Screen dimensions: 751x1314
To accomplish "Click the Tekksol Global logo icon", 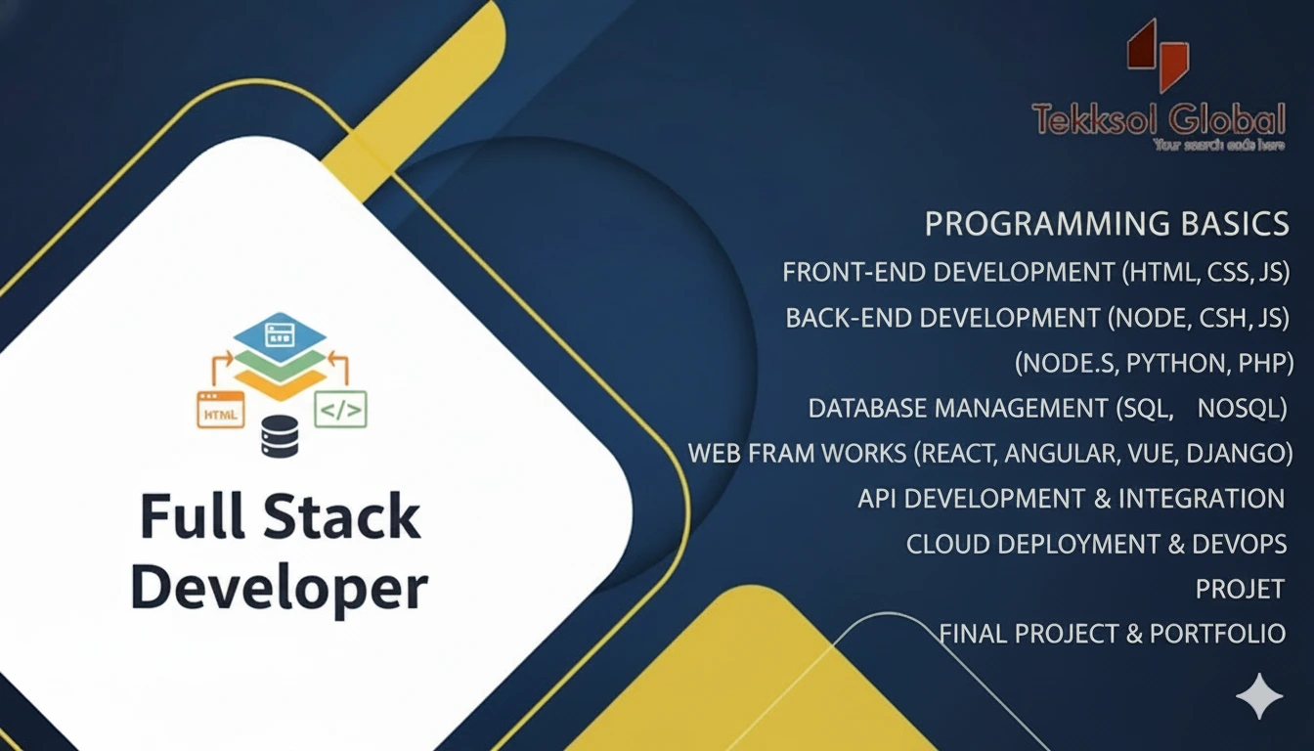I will tap(1158, 57).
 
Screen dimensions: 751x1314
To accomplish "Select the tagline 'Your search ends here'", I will tap(1218, 145).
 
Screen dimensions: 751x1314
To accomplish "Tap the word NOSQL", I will tap(1242, 409).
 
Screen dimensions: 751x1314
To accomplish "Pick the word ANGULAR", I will tap(1062, 454).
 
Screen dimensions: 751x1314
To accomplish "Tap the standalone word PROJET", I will tap(1240, 589).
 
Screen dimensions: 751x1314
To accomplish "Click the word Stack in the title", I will tap(348, 517).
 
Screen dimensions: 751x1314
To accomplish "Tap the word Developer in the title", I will tap(280, 588).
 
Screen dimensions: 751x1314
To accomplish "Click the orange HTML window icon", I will tap(221, 410).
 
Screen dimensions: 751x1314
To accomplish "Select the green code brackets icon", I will tap(340, 409).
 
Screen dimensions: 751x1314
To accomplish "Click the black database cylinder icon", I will tap(279, 436).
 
